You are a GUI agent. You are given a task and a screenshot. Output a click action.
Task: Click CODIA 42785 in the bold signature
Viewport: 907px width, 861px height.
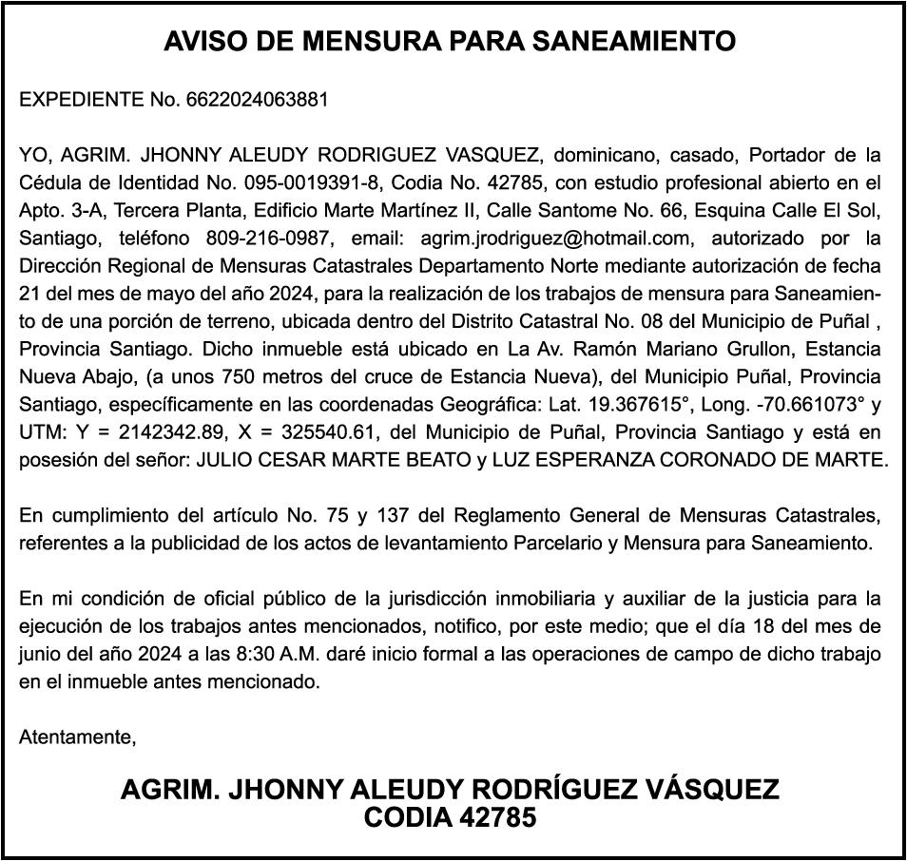(x=451, y=817)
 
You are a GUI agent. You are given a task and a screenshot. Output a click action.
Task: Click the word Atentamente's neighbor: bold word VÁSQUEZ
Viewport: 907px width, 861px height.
(x=699, y=790)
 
